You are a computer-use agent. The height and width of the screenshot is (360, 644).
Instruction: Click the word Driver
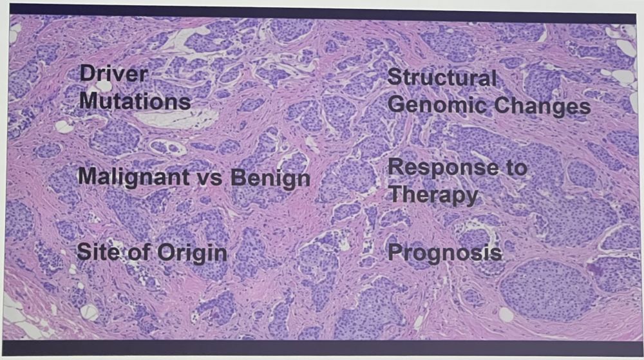113,74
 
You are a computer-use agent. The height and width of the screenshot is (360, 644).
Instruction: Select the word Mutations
135,100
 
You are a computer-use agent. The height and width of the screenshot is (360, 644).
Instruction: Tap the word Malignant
133,177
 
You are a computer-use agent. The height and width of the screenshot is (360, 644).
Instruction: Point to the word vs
209,178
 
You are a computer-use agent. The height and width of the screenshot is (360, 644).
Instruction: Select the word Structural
442,77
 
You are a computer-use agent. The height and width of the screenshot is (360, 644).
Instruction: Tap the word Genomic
438,105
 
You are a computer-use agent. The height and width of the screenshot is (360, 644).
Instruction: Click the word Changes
542,106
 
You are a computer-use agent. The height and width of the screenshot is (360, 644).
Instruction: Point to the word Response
444,168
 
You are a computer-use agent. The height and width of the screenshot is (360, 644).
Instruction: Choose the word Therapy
433,194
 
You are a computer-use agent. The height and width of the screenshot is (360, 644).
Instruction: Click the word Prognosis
445,252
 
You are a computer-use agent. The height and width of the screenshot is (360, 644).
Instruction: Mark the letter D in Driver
88,74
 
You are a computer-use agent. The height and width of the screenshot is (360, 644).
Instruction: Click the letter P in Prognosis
395,252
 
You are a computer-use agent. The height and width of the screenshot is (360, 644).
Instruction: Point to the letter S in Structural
395,77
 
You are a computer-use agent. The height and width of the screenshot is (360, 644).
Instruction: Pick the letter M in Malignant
88,176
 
